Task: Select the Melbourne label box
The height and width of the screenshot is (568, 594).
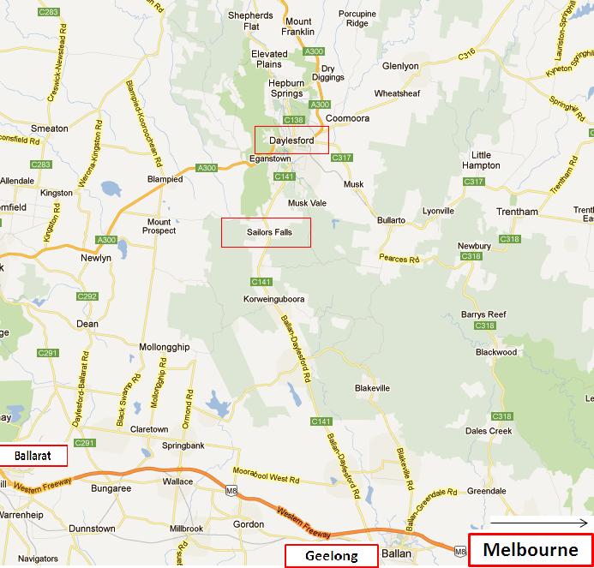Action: [531, 549]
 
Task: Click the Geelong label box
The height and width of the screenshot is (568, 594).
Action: [331, 556]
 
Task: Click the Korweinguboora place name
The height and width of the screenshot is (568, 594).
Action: [275, 299]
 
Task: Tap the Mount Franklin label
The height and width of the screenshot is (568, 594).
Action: [299, 27]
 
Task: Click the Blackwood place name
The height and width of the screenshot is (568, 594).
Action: [496, 352]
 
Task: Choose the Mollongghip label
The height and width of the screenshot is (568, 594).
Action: [164, 347]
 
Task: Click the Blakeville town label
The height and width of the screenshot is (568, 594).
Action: [372, 388]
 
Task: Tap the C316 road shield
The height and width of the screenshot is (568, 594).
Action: [466, 55]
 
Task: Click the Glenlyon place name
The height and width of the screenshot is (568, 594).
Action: [400, 65]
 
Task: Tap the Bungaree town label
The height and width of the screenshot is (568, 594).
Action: [111, 488]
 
